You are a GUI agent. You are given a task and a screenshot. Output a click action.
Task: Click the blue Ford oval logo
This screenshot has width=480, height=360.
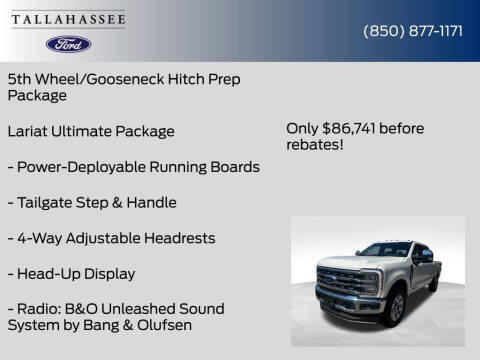point(68,44)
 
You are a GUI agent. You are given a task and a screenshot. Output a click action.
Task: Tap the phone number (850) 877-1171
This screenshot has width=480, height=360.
point(412,31)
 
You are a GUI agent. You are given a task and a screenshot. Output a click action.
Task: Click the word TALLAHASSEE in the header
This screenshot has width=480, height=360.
point(68,17)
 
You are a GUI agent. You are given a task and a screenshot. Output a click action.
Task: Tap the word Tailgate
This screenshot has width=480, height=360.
point(46,202)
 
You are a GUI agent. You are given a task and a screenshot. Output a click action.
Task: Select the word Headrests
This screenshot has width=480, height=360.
point(182,238)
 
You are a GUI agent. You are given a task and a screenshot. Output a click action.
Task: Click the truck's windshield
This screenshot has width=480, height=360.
point(385,250)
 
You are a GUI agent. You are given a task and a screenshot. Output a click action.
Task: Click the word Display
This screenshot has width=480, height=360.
point(108,273)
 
